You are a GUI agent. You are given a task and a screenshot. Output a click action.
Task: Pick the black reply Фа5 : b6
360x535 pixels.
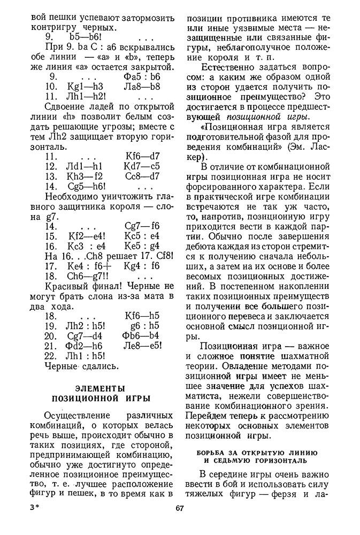[x=142, y=76]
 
